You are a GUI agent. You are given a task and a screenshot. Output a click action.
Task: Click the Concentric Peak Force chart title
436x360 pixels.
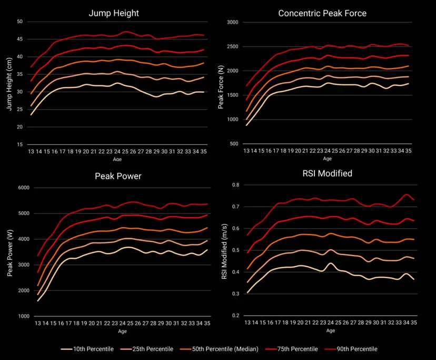(x=322, y=13)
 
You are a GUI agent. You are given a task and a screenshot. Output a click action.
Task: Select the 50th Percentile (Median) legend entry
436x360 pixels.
(x=232, y=349)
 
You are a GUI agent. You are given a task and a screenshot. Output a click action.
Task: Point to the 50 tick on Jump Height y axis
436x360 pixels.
(x=19, y=22)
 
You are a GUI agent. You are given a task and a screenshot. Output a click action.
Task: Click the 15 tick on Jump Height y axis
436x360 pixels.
(x=19, y=144)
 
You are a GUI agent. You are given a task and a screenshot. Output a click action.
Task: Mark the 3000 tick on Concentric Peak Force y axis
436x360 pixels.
(x=233, y=22)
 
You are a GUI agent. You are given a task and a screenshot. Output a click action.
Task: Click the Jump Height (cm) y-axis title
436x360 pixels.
(x=9, y=83)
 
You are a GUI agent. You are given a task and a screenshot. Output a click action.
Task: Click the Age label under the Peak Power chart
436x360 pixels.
(x=122, y=332)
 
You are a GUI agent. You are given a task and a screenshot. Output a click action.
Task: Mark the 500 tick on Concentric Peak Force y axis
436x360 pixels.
(x=234, y=144)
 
